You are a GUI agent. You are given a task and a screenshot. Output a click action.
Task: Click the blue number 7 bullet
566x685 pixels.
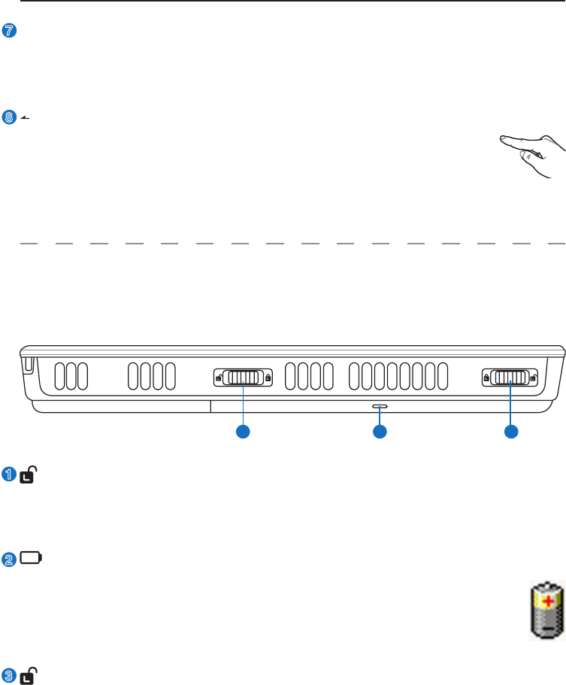tap(10, 31)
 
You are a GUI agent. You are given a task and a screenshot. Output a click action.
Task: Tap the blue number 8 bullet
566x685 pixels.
tap(10, 117)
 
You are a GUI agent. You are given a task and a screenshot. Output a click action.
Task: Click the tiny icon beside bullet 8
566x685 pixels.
tap(25, 117)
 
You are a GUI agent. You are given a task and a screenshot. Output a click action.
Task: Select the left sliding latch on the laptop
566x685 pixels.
tap(242, 377)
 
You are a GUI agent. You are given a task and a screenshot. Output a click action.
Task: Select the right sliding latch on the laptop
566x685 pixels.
tap(510, 377)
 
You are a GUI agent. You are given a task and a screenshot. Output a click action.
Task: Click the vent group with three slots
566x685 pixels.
tap(71, 377)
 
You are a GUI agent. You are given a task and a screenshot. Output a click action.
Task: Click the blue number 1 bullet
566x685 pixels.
tap(10, 474)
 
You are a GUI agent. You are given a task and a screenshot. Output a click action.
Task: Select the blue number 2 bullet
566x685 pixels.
tap(10, 558)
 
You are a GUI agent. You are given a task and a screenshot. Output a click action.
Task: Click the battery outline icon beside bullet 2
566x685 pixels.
tap(32, 558)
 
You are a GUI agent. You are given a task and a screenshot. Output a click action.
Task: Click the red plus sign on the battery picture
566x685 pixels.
tap(548, 601)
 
